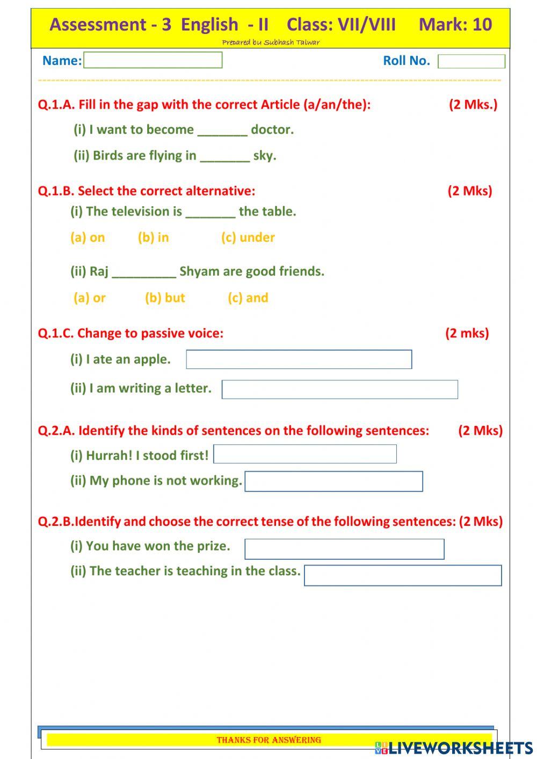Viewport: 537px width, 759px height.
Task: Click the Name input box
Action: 153,60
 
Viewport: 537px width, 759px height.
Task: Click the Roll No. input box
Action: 471,61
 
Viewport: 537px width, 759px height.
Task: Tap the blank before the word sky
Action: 224,156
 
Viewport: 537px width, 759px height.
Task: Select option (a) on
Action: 88,237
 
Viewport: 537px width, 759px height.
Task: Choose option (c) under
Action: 248,237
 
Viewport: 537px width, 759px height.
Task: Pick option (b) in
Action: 153,237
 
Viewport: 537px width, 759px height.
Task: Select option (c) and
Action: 248,298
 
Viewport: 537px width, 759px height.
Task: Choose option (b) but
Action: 165,298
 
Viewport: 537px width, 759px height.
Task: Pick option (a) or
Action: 90,298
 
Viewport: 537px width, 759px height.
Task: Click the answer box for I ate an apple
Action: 299,359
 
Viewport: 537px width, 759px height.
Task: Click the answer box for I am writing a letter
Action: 339,389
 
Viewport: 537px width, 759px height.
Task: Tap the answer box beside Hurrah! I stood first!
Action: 305,454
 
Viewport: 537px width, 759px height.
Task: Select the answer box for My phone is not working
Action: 333,481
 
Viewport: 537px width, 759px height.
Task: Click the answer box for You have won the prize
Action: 344,549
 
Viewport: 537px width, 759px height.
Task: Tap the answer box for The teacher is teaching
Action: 403,575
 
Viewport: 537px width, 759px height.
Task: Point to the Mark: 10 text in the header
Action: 455,24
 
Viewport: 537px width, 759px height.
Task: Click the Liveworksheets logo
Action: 454,748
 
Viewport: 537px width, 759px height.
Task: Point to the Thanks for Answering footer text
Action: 268,740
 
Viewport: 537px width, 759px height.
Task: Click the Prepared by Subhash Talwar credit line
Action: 270,42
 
